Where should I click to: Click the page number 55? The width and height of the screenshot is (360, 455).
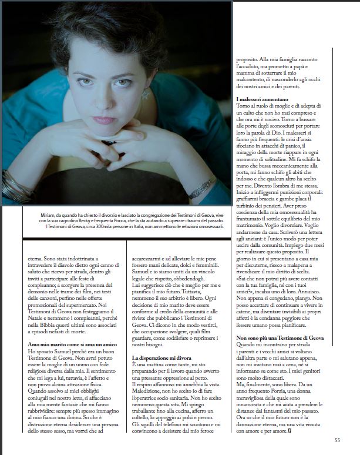pyautogui.click(x=337, y=440)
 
